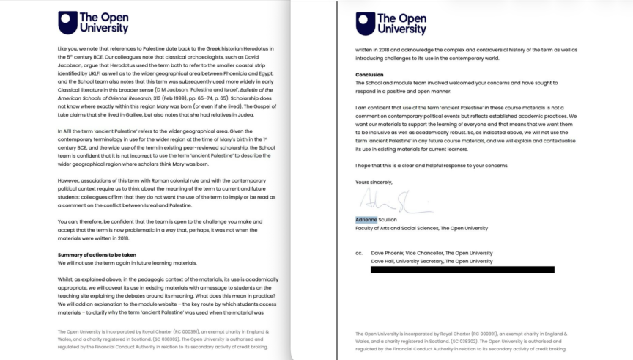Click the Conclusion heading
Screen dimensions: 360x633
(370, 75)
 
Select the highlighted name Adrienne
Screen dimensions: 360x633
(367, 219)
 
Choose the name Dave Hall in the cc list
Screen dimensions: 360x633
(385, 261)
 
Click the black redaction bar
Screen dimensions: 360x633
(462, 271)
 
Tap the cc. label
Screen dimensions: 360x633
(359, 253)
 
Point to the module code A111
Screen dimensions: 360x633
(73, 130)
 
